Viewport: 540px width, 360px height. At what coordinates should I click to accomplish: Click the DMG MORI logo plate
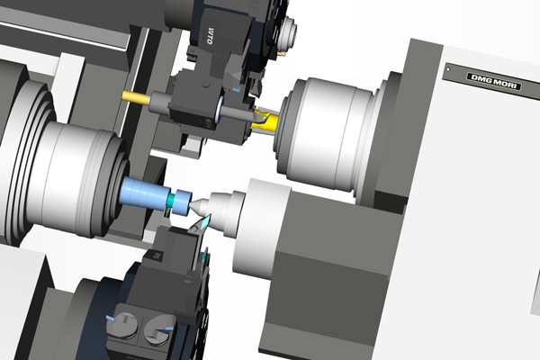494,82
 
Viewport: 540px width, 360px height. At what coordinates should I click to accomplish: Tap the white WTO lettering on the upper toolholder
210,35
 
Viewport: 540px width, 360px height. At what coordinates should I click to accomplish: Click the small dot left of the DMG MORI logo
448,69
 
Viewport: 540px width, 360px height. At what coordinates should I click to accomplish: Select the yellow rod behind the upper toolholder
136,96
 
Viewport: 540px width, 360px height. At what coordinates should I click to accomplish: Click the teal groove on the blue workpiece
171,200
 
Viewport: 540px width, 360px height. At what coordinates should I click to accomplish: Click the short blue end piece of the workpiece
181,202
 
